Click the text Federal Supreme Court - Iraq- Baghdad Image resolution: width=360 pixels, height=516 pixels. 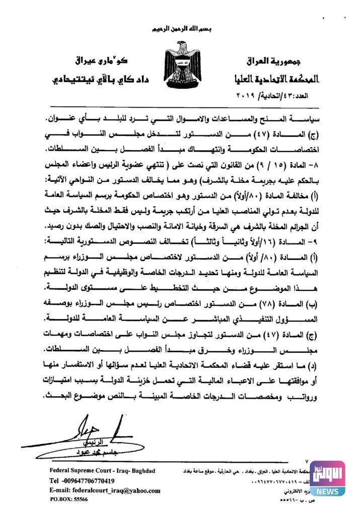pos(102,471)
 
